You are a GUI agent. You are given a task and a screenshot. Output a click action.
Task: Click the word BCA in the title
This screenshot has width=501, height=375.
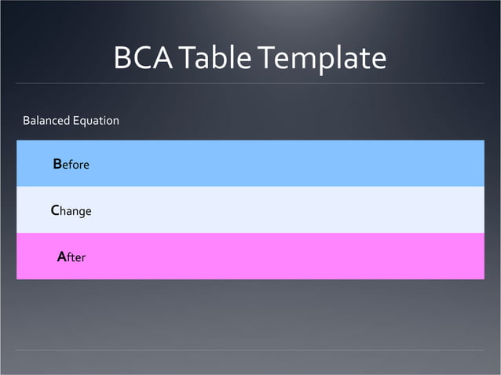tap(144, 59)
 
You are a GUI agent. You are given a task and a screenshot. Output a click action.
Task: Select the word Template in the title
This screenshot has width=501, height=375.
tap(322, 59)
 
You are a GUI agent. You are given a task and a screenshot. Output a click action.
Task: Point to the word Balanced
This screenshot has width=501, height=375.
tap(46, 121)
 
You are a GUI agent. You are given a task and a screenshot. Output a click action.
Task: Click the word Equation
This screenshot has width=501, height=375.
tap(96, 121)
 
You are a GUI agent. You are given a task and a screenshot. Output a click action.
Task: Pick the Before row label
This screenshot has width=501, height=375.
tap(71, 165)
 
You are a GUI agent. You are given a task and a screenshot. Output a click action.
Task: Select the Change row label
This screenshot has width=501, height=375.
tap(71, 211)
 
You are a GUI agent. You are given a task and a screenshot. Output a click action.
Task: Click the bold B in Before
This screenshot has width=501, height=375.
tap(57, 165)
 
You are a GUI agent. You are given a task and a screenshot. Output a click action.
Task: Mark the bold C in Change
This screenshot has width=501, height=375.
tap(55, 210)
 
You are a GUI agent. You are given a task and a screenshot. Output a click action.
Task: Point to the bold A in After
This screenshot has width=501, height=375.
tap(61, 257)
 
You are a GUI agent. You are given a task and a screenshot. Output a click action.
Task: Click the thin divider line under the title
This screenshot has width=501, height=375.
tap(251, 83)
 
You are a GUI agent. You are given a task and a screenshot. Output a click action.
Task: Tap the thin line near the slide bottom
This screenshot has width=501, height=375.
tap(251, 350)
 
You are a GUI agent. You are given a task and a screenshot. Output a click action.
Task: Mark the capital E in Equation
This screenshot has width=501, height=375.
tap(75, 121)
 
